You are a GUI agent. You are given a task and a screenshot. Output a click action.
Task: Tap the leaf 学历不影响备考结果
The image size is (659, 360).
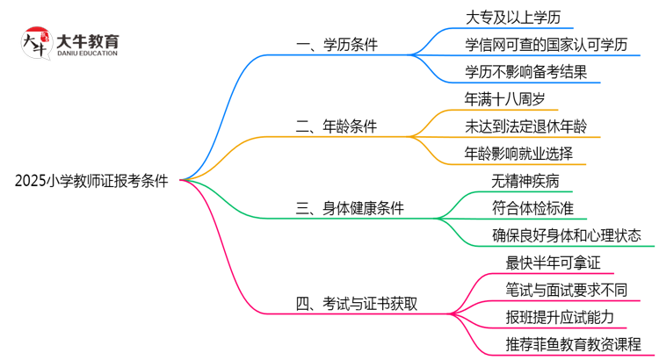pyautogui.click(x=525, y=72)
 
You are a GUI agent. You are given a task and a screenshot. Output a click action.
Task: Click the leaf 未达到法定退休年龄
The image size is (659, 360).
pyautogui.click(x=532, y=126)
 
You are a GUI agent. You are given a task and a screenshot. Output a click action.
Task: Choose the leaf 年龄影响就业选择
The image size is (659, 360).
pyautogui.click(x=519, y=154)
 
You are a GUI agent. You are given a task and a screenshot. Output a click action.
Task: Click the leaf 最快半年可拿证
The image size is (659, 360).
pyautogui.click(x=546, y=263)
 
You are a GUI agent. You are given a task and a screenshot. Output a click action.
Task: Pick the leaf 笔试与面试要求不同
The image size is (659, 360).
pyautogui.click(x=566, y=290)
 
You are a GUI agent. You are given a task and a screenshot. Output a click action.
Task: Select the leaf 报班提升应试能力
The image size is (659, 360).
pyautogui.click(x=560, y=316)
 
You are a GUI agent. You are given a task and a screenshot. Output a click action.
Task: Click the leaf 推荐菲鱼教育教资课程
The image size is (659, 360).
pyautogui.click(x=573, y=343)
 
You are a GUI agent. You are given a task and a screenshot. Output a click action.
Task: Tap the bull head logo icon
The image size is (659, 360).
pyautogui.click(x=34, y=44)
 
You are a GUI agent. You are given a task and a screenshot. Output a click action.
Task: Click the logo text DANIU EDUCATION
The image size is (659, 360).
pyautogui.click(x=86, y=54)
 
